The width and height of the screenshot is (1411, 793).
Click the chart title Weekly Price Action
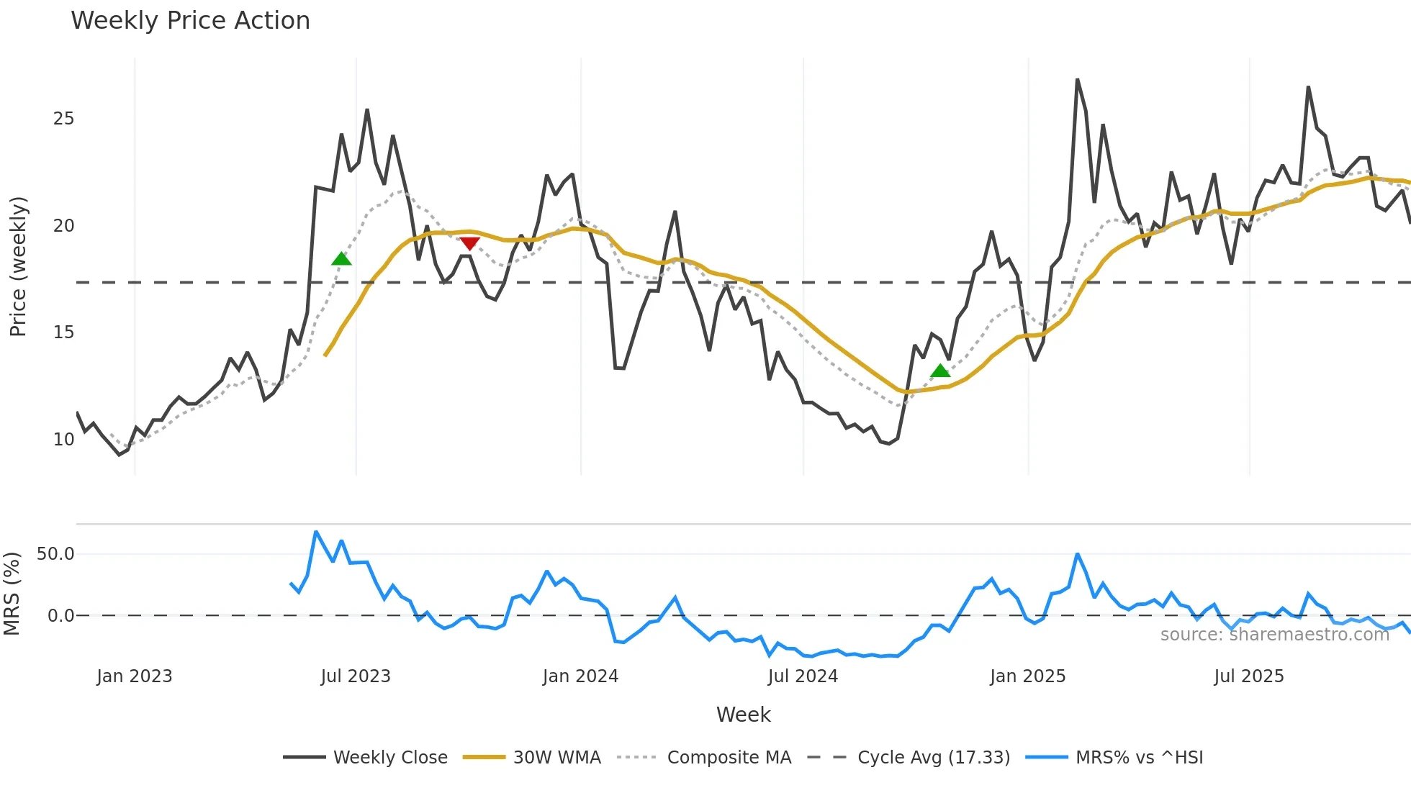click(x=190, y=21)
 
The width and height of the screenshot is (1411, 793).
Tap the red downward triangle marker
click(x=469, y=244)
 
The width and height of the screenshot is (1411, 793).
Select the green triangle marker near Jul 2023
click(x=341, y=258)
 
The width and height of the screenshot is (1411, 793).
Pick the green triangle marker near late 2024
click(x=940, y=371)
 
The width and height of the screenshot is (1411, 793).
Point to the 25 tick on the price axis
click(x=63, y=119)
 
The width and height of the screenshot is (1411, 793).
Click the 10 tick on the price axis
click(x=63, y=439)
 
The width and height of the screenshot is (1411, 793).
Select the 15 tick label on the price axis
click(x=63, y=332)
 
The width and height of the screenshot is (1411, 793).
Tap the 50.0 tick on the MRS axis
click(x=55, y=553)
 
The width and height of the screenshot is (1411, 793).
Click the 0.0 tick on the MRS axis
click(x=60, y=615)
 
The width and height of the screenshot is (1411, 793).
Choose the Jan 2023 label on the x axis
click(x=135, y=676)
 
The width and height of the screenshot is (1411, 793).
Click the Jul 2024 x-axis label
click(x=803, y=676)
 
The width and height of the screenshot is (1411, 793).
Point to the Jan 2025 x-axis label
click(x=1027, y=676)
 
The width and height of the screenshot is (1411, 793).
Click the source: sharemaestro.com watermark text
click(x=1274, y=634)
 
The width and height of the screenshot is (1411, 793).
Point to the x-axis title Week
click(x=743, y=715)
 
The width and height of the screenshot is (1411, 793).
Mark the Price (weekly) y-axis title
click(x=18, y=266)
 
